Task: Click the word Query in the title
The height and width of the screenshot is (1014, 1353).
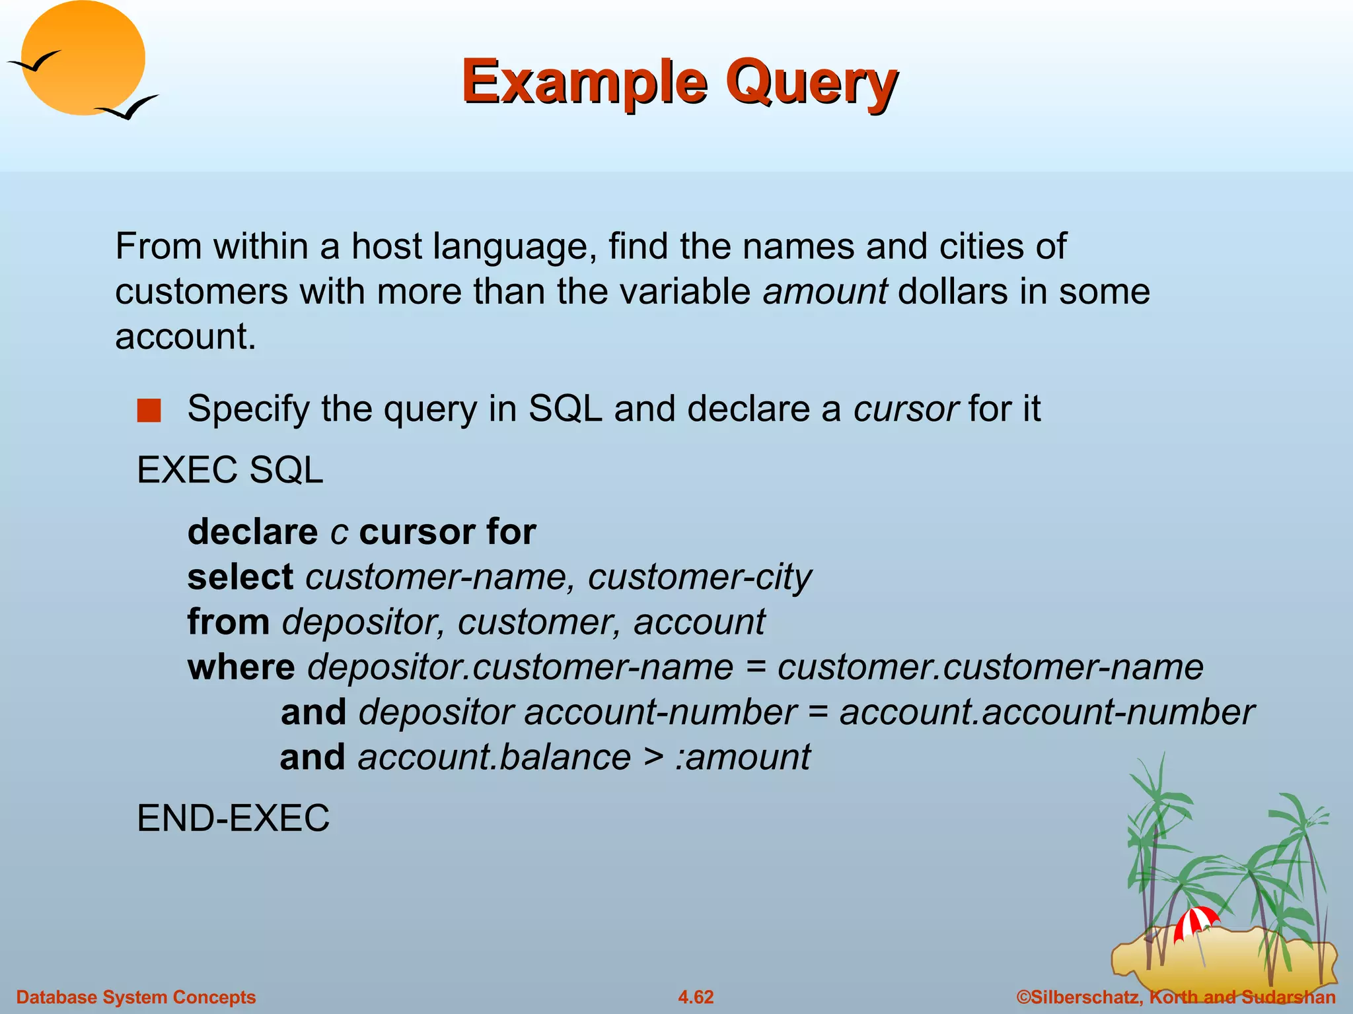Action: click(811, 82)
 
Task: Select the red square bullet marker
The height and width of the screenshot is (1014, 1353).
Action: click(149, 410)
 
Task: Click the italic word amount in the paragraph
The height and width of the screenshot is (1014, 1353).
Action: click(824, 291)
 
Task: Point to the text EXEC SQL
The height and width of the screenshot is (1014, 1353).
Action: click(230, 470)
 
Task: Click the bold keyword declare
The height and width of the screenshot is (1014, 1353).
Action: click(252, 532)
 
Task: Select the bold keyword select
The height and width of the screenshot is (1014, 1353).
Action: click(240, 577)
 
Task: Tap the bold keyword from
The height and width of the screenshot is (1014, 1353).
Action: click(228, 622)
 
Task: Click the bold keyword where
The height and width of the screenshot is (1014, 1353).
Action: click(241, 667)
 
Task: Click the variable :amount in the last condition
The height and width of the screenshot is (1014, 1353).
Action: click(743, 757)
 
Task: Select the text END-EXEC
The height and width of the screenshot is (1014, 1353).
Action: click(233, 819)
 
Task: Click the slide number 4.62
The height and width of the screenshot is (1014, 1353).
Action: click(696, 997)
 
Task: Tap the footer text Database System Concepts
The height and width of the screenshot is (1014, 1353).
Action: click(135, 997)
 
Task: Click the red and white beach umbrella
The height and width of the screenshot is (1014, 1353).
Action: click(1195, 921)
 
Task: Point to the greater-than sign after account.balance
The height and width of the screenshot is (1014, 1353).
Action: click(653, 757)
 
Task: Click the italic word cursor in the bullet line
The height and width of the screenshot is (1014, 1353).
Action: click(905, 409)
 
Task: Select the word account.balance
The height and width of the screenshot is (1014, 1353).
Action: click(494, 757)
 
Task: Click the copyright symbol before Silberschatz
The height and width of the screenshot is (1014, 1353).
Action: click(1023, 997)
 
